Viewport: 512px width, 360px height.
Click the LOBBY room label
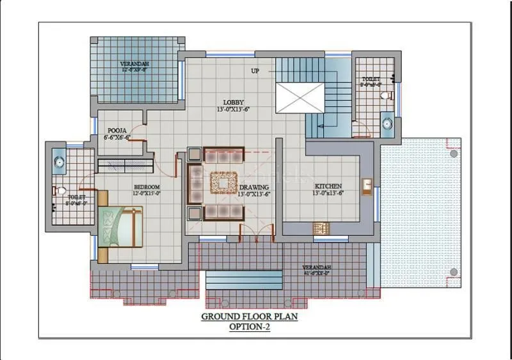coord(233,102)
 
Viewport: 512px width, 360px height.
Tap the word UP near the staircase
coord(255,71)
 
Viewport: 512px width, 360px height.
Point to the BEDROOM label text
coord(146,186)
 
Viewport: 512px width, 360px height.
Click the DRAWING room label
coord(255,187)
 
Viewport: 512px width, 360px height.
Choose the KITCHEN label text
coord(328,186)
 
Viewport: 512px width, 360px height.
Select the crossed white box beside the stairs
coord(301,98)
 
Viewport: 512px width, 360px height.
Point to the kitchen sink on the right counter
coord(367,186)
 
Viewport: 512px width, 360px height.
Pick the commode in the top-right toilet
coord(386,95)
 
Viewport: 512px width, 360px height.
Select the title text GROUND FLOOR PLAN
coord(250,317)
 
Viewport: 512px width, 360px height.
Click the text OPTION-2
coord(250,327)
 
